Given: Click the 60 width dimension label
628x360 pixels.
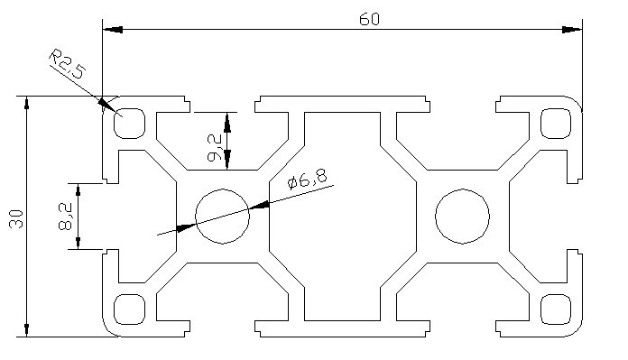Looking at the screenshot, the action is click(369, 19).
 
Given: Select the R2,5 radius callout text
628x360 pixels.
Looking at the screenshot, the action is click(67, 64).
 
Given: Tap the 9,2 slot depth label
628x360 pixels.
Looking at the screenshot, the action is click(214, 148).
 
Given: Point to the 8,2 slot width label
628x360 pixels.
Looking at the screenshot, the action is click(65, 217).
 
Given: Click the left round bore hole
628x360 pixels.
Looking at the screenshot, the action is click(222, 217).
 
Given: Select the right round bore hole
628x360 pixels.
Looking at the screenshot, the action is click(462, 217).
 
